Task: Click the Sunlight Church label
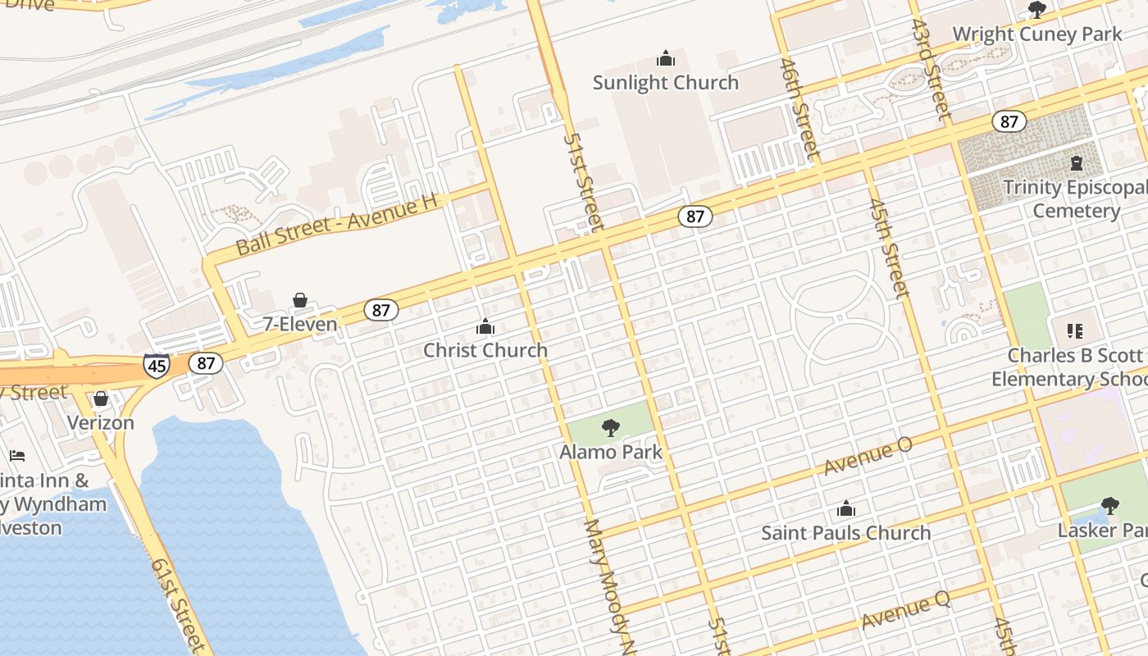pos(665,83)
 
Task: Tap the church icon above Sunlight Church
pos(665,58)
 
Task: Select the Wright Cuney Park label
pos(1036,34)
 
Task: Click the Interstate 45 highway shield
pos(157,364)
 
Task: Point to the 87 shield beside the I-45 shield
pos(205,362)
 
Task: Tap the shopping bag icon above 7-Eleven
pos(300,301)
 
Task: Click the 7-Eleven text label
pos(300,324)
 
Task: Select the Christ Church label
pos(485,350)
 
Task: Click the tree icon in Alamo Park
pos(610,427)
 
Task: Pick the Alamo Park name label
pos(611,452)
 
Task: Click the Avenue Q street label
pos(905,611)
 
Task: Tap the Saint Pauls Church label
pos(846,533)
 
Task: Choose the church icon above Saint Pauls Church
pos(846,509)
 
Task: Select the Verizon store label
pos(100,423)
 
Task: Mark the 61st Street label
pos(178,603)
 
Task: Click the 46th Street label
pos(799,107)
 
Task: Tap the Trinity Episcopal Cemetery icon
pos(1077,163)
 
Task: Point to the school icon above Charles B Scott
pos(1075,331)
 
